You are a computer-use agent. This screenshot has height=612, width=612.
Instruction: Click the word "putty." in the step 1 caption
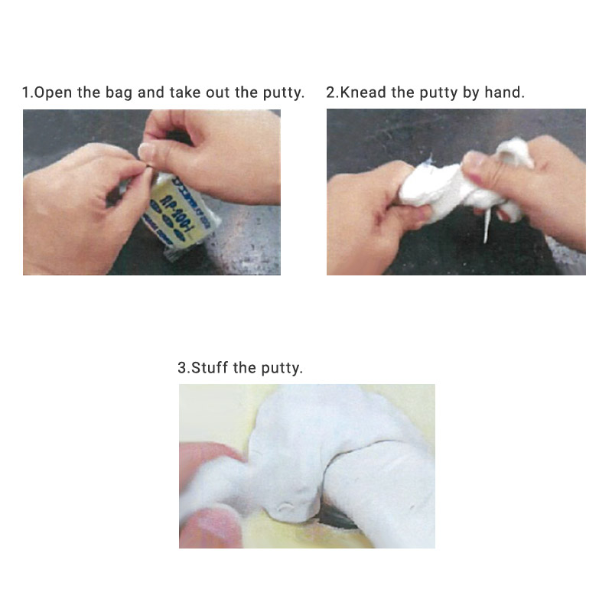[282, 93]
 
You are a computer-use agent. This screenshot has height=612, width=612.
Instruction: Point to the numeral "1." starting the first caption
[27, 93]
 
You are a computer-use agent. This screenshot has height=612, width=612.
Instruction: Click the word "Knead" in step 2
[364, 93]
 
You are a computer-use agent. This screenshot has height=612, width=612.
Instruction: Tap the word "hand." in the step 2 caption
[504, 93]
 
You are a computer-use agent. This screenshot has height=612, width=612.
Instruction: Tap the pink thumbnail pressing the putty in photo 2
[476, 161]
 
